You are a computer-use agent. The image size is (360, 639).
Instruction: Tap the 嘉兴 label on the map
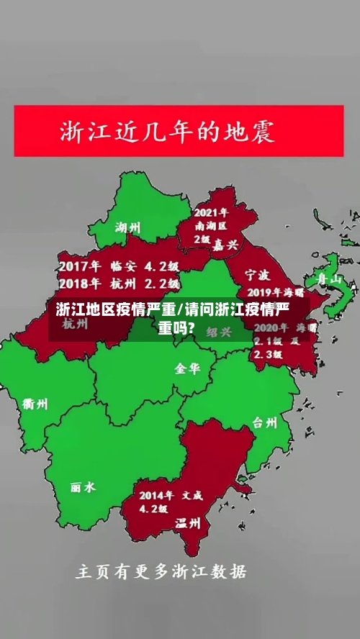point(225,245)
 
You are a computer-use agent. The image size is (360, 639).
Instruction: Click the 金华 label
point(186,368)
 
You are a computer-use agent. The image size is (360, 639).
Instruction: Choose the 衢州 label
point(34,404)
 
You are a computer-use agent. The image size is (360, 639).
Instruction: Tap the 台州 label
point(264,422)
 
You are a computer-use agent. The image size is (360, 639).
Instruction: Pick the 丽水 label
point(83,487)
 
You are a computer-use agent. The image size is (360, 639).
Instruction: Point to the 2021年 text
point(211,212)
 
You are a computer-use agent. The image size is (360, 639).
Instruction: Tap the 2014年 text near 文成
point(156,495)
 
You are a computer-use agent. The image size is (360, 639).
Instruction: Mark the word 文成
point(192,495)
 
